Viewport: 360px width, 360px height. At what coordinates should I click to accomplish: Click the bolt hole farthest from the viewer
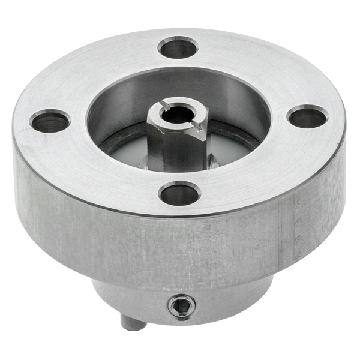(x=178, y=48)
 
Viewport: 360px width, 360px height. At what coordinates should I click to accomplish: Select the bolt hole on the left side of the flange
(x=50, y=122)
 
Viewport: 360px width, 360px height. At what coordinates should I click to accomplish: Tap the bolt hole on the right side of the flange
(x=307, y=116)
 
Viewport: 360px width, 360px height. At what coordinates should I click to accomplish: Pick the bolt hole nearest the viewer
(x=179, y=194)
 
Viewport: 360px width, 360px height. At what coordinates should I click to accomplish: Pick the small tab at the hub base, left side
(x=144, y=163)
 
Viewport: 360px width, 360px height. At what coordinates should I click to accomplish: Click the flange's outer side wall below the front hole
(x=180, y=246)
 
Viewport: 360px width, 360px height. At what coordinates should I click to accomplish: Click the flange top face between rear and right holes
(x=252, y=72)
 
